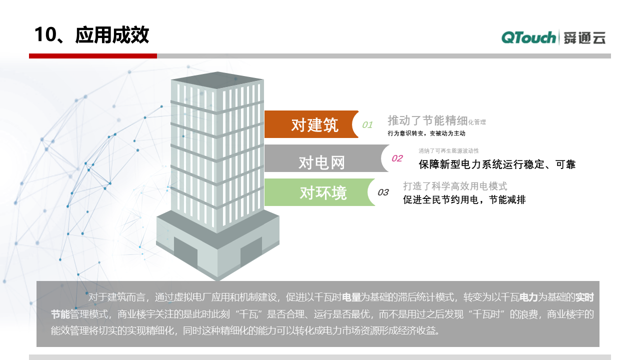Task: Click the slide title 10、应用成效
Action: click(x=91, y=35)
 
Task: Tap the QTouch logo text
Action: click(x=528, y=37)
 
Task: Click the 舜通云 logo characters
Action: click(x=584, y=37)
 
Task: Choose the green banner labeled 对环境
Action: click(x=320, y=192)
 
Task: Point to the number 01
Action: click(x=367, y=125)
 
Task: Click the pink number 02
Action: click(x=397, y=158)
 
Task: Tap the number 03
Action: click(x=383, y=192)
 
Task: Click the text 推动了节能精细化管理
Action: click(x=436, y=120)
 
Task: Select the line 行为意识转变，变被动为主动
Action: click(x=426, y=133)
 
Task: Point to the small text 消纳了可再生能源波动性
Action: click(x=448, y=150)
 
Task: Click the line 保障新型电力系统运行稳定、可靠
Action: click(x=497, y=164)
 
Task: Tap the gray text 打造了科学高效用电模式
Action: click(x=455, y=186)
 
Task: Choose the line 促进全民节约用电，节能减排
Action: click(x=464, y=199)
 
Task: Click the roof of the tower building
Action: click(x=217, y=80)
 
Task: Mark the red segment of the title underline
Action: click(x=93, y=56)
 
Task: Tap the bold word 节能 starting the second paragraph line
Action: click(x=60, y=314)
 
